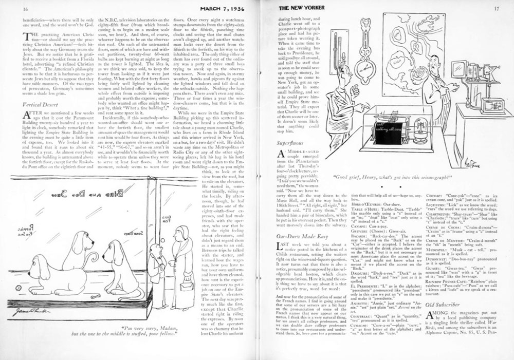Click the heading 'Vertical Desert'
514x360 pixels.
click(40, 104)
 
